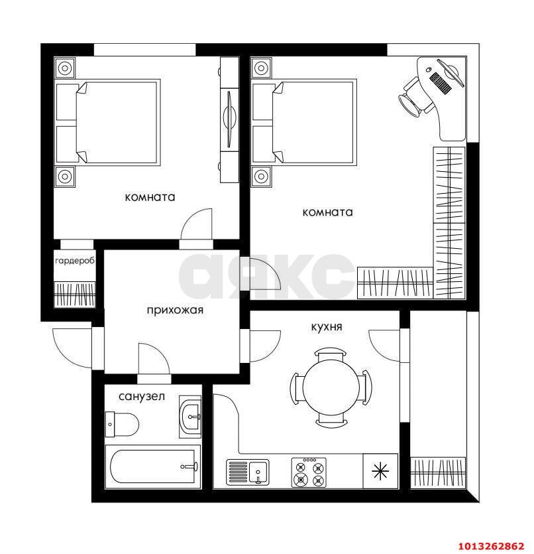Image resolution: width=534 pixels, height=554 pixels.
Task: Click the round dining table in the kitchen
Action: tap(330, 388)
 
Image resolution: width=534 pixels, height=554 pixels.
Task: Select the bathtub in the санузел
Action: tap(153, 467)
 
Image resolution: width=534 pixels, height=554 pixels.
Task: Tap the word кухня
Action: tap(327, 326)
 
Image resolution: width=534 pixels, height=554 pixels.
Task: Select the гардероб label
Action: tap(75, 261)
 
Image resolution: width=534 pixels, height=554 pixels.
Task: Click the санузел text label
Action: tap(141, 397)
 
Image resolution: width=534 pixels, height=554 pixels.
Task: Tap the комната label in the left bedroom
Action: tap(150, 197)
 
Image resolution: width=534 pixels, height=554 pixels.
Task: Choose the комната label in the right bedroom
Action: tap(327, 212)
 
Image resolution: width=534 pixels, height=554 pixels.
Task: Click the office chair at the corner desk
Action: tap(413, 97)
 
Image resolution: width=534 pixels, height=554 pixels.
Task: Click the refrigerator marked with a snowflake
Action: tap(380, 472)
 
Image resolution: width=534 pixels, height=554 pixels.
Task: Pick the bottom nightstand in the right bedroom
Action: tap(261, 176)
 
